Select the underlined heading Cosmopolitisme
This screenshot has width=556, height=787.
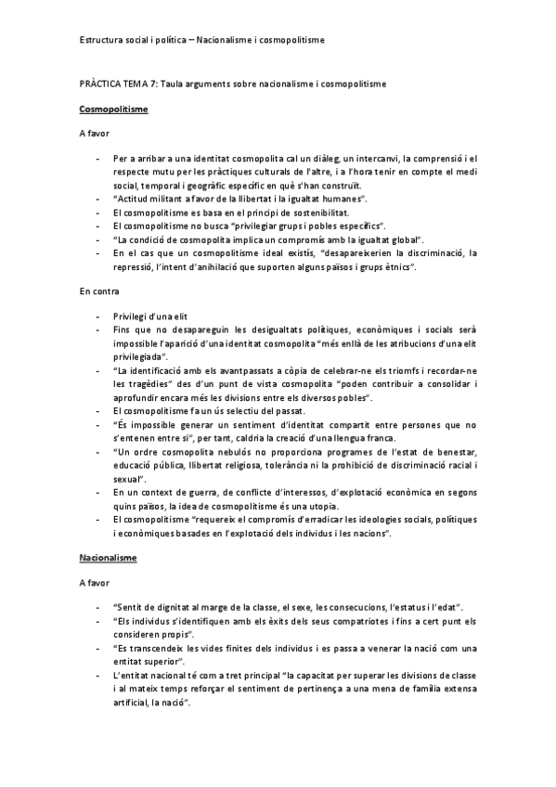(113, 110)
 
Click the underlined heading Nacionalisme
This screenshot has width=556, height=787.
(109, 558)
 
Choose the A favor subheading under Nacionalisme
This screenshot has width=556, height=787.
(95, 583)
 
